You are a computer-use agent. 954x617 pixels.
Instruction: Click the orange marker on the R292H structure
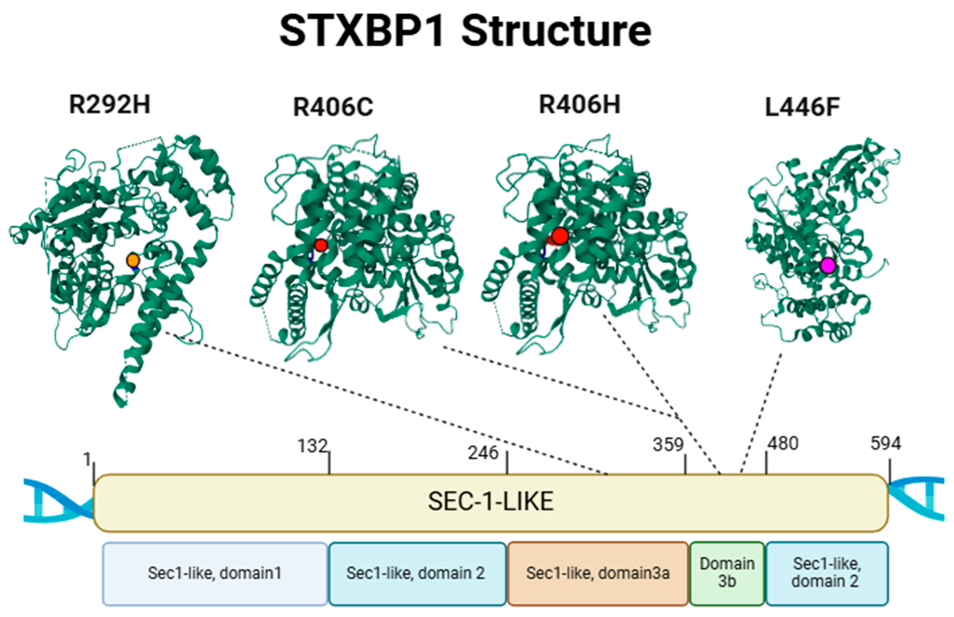pyautogui.click(x=133, y=260)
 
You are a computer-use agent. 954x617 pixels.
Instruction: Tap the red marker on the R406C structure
pyautogui.click(x=321, y=245)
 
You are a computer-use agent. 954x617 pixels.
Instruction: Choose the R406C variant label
pyautogui.click(x=333, y=107)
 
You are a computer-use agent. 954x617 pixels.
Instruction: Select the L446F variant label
pyautogui.click(x=802, y=107)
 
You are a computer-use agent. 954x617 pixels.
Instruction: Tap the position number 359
pyautogui.click(x=668, y=445)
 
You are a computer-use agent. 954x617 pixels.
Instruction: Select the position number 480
pyautogui.click(x=783, y=444)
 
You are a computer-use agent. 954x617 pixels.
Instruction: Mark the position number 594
pyautogui.click(x=886, y=444)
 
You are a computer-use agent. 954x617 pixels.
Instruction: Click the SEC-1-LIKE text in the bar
pyautogui.click(x=491, y=501)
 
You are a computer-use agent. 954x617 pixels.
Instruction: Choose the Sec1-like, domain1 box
pyautogui.click(x=215, y=573)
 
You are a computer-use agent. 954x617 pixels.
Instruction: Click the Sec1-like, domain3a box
pyautogui.click(x=598, y=573)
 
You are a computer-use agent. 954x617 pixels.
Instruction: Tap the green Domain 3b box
pyautogui.click(x=727, y=573)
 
